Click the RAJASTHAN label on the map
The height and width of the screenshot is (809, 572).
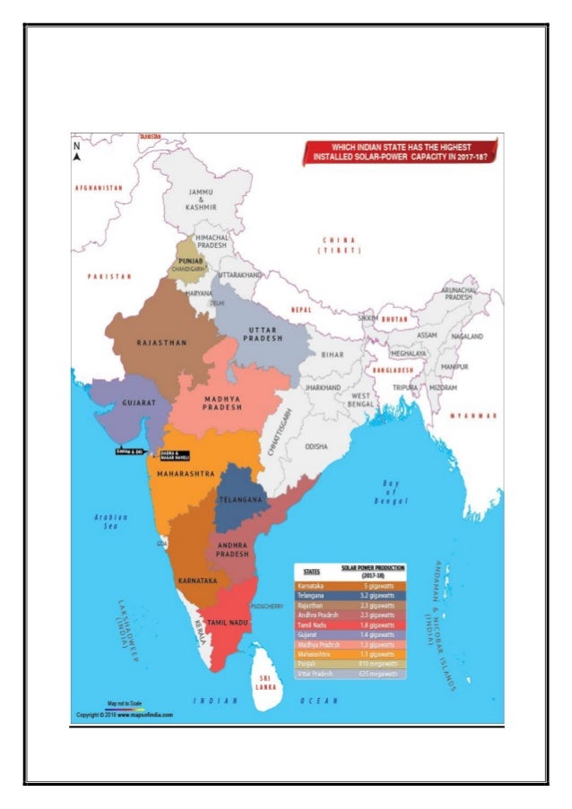tap(161, 342)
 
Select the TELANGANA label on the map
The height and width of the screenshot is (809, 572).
tap(241, 497)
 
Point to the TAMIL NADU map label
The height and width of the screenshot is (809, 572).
tap(228, 621)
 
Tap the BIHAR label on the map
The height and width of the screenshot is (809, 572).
tap(333, 355)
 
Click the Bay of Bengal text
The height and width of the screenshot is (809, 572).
tap(391, 493)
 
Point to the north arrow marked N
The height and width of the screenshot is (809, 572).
tap(77, 151)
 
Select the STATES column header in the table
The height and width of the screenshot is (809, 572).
tap(312, 570)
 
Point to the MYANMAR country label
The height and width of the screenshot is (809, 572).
tap(474, 416)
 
